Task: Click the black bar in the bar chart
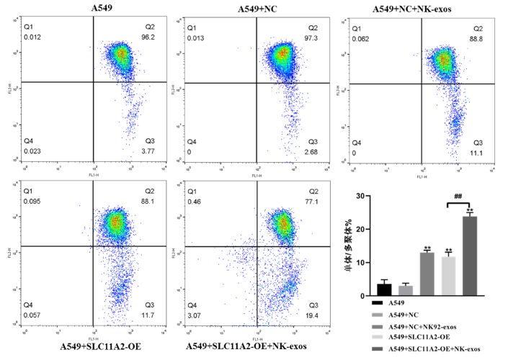[384, 289]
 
